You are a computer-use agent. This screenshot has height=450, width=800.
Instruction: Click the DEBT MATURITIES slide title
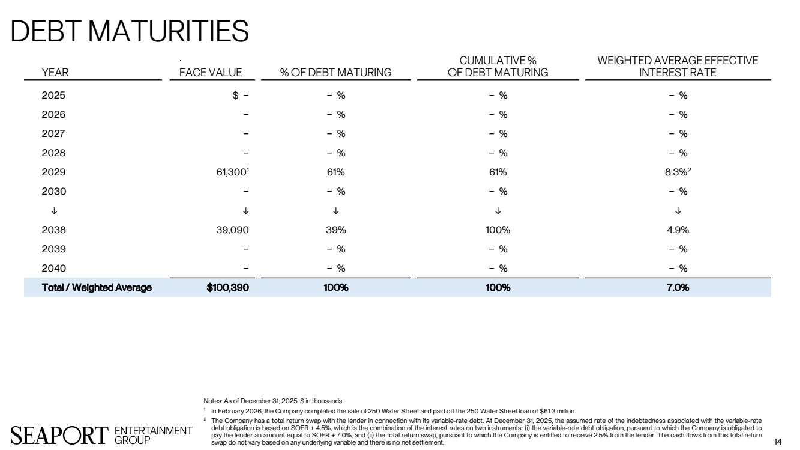[x=130, y=31]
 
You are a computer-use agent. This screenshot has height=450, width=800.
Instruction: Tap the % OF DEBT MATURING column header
[x=335, y=73]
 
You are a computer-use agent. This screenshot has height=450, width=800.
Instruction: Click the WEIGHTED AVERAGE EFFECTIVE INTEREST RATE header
[x=678, y=67]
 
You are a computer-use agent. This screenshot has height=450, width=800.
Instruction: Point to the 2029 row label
[x=53, y=172]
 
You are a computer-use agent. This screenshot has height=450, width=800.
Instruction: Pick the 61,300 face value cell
[x=230, y=172]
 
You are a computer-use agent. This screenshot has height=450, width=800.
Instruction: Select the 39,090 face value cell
[x=231, y=230]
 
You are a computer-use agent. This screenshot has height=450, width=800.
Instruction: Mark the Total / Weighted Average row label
[x=97, y=288]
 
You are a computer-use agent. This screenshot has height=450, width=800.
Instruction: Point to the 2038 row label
[x=53, y=230]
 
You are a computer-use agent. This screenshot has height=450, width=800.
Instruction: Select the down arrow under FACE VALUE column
[x=246, y=211]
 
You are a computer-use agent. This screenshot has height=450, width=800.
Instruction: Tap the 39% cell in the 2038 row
[x=335, y=230]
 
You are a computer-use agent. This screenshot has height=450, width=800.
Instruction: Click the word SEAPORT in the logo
[x=58, y=434]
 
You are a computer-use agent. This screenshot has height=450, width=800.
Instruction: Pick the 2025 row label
[x=53, y=95]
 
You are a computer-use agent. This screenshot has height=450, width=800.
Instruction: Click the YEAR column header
[x=55, y=73]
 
